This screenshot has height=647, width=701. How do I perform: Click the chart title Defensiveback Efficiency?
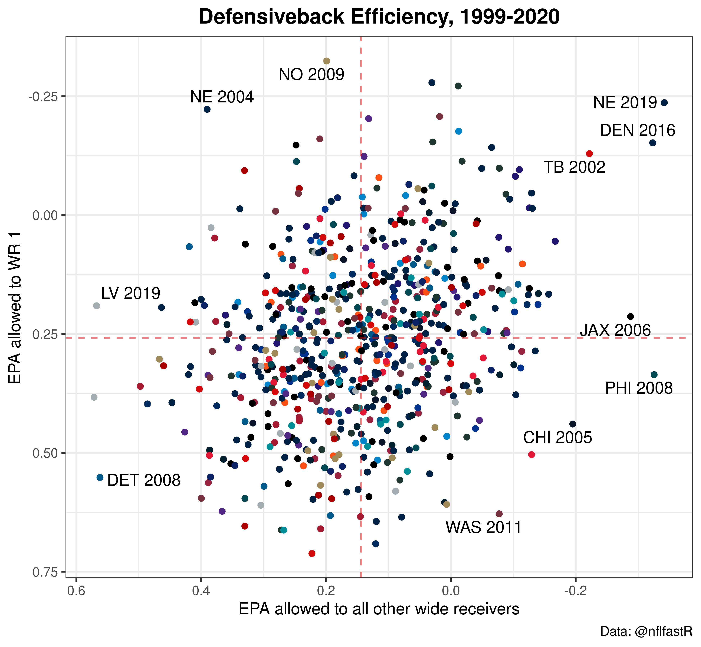pos(379,17)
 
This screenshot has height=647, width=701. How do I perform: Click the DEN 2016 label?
pos(638,131)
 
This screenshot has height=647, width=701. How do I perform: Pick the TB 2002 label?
pos(574,167)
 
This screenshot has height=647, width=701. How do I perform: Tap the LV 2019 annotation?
pos(131,293)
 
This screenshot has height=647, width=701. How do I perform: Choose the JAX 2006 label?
pos(615,330)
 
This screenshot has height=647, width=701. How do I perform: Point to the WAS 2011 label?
pos(484,527)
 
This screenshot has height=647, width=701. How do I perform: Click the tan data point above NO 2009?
pos(326,61)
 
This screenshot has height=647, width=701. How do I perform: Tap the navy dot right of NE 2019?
pos(664,103)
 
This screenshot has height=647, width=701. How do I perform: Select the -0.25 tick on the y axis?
pos(47,96)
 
